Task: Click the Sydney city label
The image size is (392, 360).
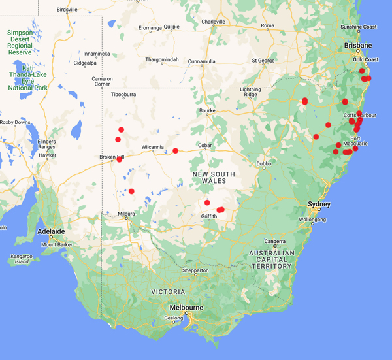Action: coord(319,205)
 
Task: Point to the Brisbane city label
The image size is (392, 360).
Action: coord(359,45)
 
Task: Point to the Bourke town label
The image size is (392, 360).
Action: coord(207,110)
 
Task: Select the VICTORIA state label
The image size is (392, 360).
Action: coord(167,291)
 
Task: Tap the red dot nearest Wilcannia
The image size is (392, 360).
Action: coord(175,151)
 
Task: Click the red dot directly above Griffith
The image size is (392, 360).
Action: coord(207,202)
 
